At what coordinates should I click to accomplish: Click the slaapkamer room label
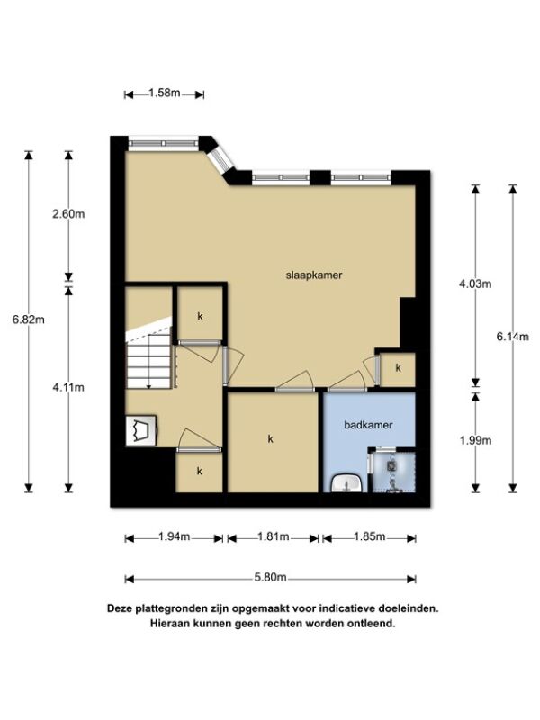[314, 275]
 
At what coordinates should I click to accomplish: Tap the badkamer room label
[368, 425]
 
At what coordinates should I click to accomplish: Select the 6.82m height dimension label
[29, 319]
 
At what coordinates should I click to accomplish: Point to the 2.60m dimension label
[68, 214]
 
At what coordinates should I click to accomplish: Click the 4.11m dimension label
[68, 387]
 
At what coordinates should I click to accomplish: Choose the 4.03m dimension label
[475, 283]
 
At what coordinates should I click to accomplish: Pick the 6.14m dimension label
[513, 337]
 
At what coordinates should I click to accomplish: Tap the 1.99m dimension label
[475, 440]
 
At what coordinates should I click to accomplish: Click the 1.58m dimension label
[165, 94]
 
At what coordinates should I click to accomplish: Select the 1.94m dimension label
[174, 536]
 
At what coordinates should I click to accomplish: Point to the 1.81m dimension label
[274, 536]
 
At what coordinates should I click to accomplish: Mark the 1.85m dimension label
[369, 536]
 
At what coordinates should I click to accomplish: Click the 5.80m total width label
[271, 577]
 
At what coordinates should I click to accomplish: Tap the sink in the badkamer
[347, 483]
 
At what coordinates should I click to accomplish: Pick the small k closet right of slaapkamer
[398, 369]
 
